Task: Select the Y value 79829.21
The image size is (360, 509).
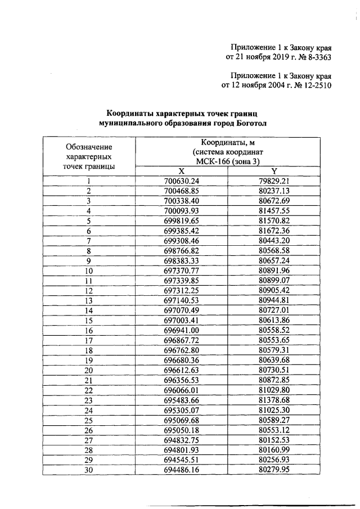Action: pos(274,181)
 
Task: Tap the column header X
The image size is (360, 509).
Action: pos(181,171)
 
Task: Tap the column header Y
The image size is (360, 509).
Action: pos(274,171)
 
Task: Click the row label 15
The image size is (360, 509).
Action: pos(88,320)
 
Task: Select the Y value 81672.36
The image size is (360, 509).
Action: pos(274,231)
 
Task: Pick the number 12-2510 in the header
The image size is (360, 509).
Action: pos(316,86)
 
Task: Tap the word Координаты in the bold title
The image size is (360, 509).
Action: pos(132,112)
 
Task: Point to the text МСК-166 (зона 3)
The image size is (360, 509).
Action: pos(228,161)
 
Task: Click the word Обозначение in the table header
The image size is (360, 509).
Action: pos(88,146)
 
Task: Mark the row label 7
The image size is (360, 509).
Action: pos(88,241)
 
